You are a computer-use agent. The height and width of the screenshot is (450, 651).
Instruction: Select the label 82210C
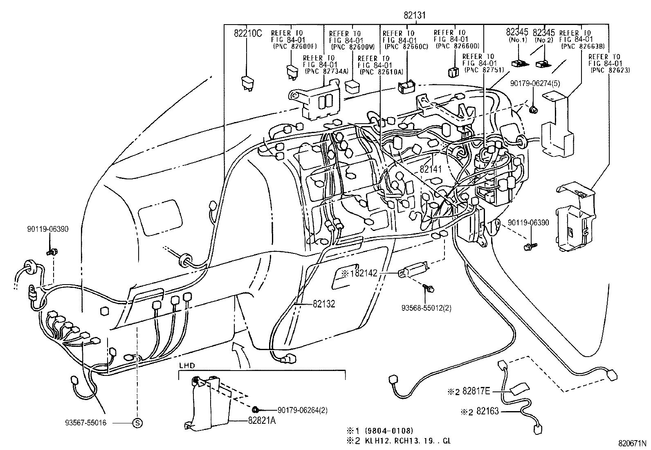pos(247,34)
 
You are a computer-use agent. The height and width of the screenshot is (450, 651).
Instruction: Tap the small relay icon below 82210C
pos(247,82)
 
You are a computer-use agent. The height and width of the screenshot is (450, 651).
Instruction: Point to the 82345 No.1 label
pos(517,36)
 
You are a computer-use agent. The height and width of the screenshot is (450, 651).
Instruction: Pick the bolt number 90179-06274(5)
pos(535,84)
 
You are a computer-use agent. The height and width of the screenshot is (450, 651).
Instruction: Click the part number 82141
pos(431,169)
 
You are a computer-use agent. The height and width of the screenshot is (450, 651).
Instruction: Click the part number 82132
pos(324,304)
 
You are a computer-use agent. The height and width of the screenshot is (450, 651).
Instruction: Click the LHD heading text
pos(187,365)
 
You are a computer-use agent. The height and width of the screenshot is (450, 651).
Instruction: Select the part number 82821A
pos(262,421)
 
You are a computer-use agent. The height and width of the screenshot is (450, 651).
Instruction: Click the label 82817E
pos(476,391)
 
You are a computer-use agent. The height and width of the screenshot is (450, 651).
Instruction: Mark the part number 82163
pos(487,411)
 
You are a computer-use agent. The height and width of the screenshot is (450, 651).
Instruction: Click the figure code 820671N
pos(632,443)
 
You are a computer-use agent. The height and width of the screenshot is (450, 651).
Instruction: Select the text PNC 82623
pos(610,70)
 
